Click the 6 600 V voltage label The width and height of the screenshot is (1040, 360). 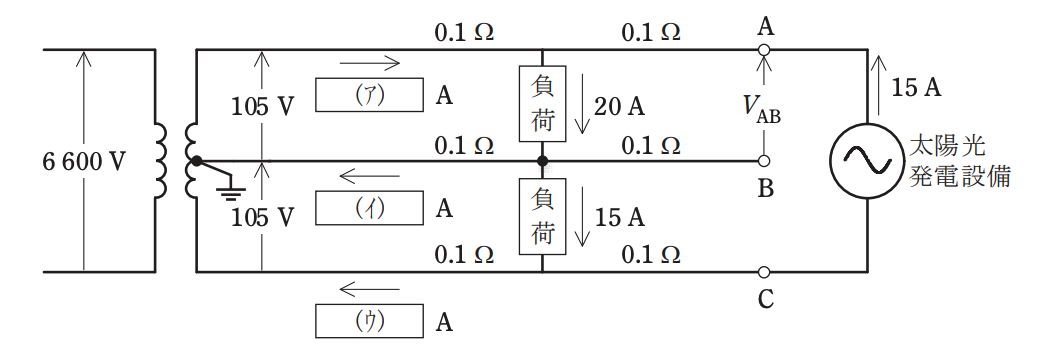83,161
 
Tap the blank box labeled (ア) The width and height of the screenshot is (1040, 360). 369,95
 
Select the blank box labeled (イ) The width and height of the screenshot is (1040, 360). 369,208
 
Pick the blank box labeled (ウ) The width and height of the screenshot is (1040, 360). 369,321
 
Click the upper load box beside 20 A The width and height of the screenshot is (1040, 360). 543,104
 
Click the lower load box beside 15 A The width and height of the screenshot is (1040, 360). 543,217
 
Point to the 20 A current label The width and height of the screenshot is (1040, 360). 619,106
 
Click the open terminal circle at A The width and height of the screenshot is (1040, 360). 763,50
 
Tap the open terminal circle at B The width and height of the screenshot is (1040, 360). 763,160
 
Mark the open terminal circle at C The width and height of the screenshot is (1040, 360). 763,272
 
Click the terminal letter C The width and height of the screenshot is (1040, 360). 765,300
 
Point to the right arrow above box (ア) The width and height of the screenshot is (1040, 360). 369,64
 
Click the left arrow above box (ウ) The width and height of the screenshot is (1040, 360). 369,289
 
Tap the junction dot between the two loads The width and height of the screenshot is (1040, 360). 543,160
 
